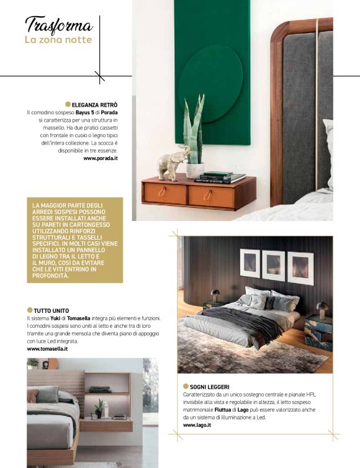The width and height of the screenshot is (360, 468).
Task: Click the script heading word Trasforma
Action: [x=58, y=25]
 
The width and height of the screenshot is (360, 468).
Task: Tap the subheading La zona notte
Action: [x=58, y=40]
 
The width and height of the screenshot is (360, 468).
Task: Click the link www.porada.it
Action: [x=101, y=159]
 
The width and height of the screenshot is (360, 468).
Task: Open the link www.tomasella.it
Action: [x=47, y=349]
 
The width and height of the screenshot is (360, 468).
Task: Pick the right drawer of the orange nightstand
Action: [x=211, y=197]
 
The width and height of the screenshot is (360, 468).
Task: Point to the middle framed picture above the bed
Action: [x=273, y=266]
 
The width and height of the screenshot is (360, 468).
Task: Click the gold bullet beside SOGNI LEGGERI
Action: [x=186, y=387]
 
